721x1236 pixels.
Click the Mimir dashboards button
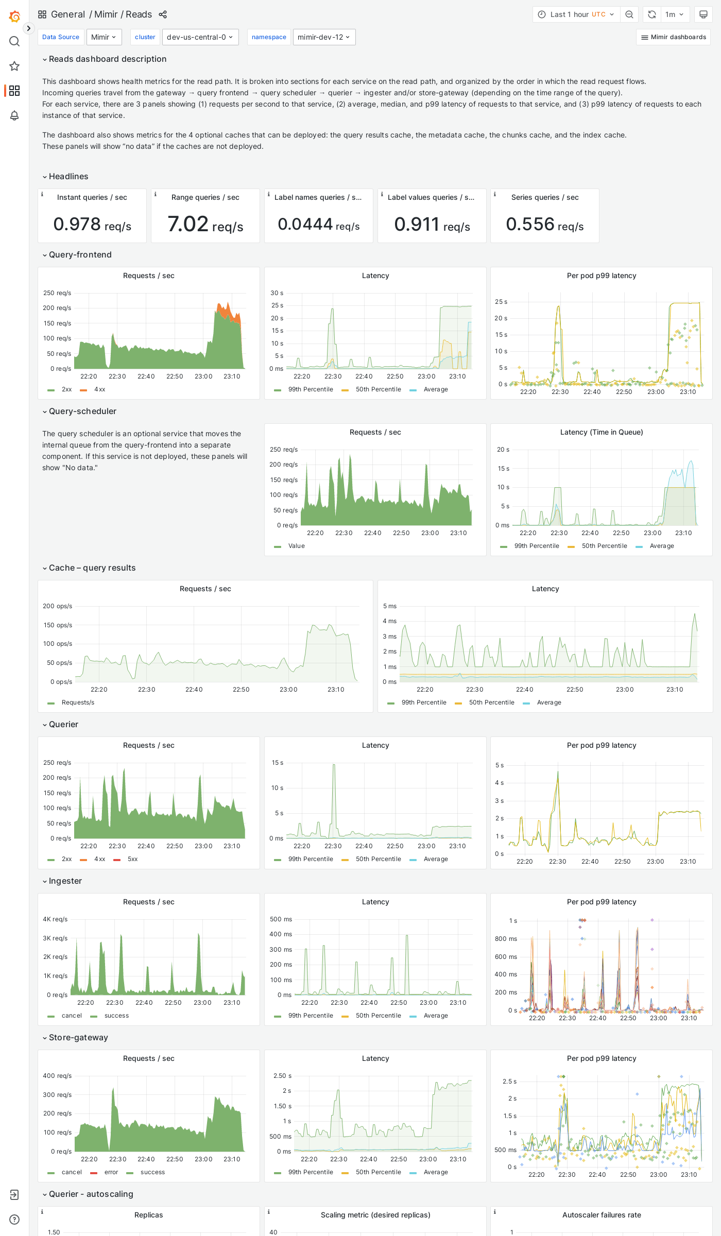pyautogui.click(x=673, y=37)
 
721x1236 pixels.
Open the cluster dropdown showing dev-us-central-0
pyautogui.click(x=200, y=37)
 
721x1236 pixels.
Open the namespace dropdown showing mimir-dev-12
pyautogui.click(x=324, y=37)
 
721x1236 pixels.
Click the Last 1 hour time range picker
pyautogui.click(x=576, y=14)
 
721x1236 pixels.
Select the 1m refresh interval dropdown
pyautogui.click(x=674, y=14)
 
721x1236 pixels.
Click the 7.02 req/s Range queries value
pyautogui.click(x=205, y=225)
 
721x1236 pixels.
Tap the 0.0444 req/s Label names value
pyautogui.click(x=318, y=225)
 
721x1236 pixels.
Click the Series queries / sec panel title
pyautogui.click(x=544, y=197)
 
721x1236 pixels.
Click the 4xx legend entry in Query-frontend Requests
pyautogui.click(x=99, y=389)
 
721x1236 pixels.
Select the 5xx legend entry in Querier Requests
pyautogui.click(x=132, y=859)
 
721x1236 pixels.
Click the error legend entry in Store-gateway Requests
pyautogui.click(x=111, y=1172)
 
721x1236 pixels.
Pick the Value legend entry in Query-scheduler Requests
pyautogui.click(x=296, y=546)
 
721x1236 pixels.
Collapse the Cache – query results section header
pyautogui.click(x=92, y=568)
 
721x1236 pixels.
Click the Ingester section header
pyautogui.click(x=65, y=881)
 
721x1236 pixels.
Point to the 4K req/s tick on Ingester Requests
pyautogui.click(x=55, y=919)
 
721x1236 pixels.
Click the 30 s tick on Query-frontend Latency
pyautogui.click(x=277, y=293)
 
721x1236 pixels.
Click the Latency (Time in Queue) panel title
pyautogui.click(x=601, y=432)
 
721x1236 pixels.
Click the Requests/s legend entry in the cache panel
pyautogui.click(x=78, y=702)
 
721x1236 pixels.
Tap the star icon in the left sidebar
pyautogui.click(x=14, y=66)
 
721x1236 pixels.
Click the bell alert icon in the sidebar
pyautogui.click(x=14, y=115)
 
